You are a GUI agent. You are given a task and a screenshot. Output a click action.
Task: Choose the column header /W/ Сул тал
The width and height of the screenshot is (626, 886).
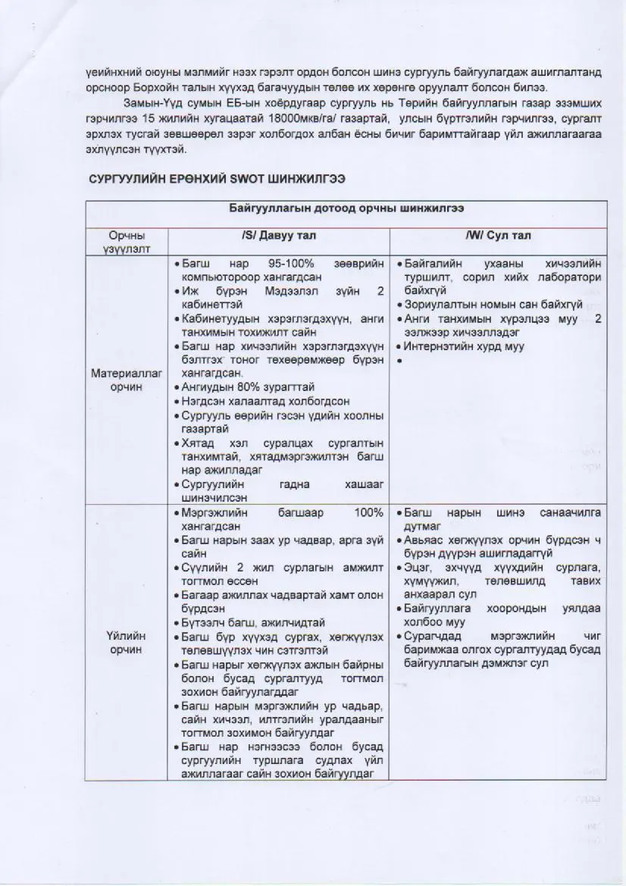point(498,236)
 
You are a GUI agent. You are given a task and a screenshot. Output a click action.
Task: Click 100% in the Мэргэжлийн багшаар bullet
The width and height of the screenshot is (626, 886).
point(368,513)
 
